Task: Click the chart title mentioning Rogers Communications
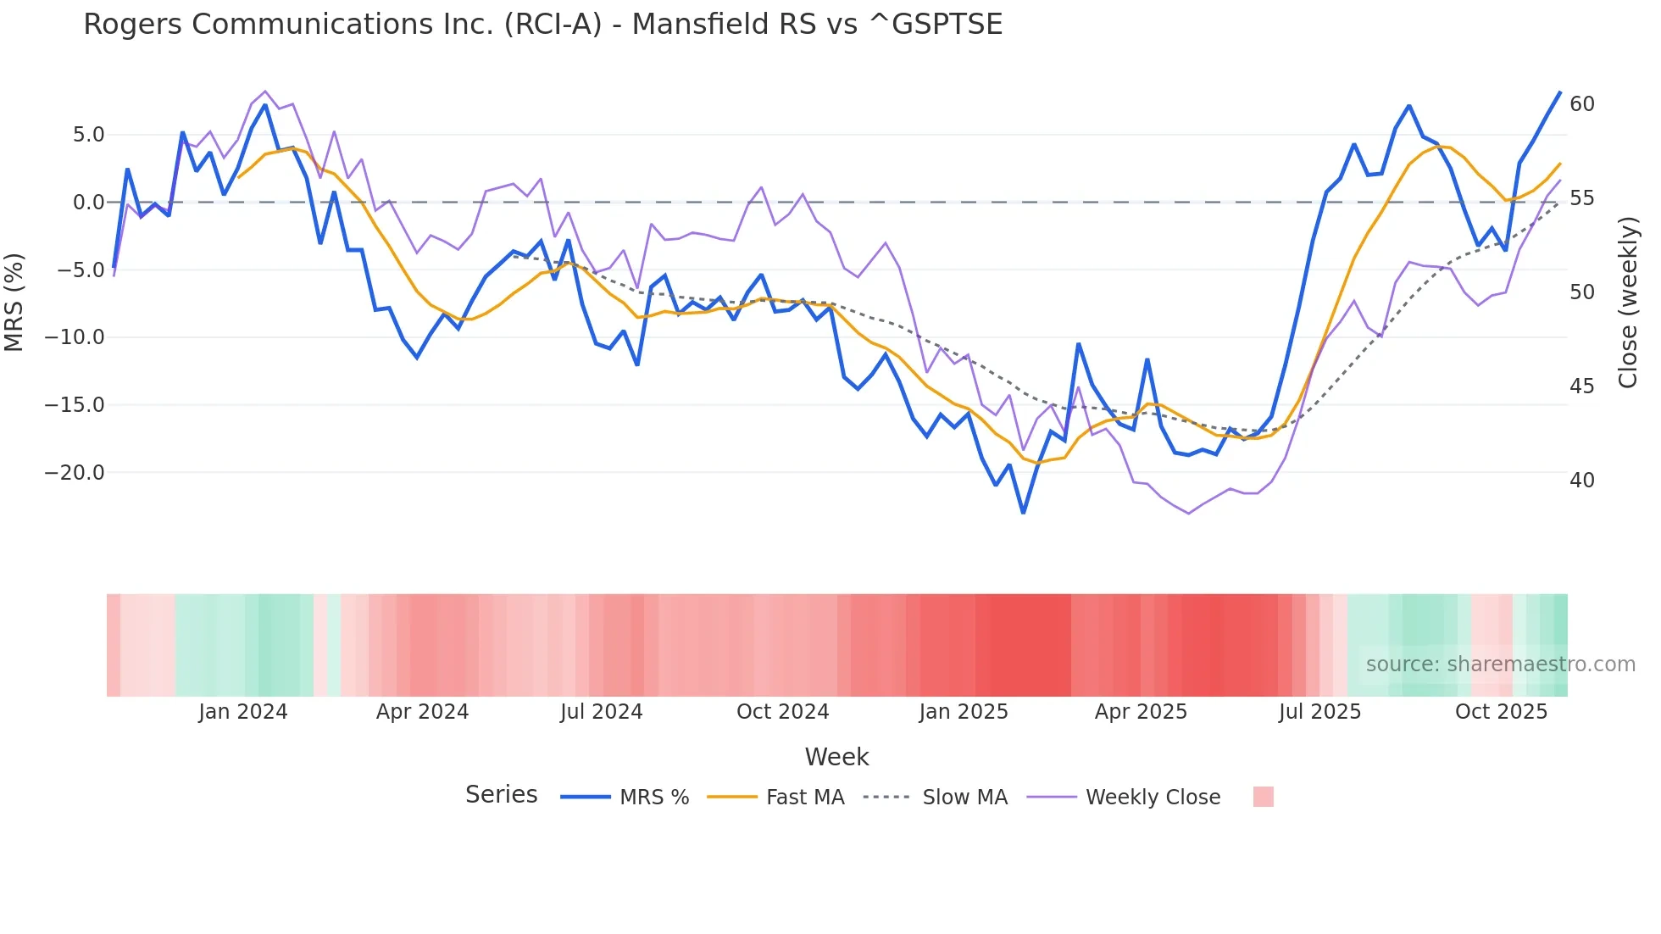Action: [542, 25]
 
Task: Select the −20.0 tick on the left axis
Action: [75, 473]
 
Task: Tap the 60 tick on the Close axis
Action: [1582, 104]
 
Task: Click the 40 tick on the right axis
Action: [1582, 481]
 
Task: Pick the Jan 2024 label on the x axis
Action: [243, 712]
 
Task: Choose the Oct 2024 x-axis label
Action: [782, 712]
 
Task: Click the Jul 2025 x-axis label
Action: [1319, 712]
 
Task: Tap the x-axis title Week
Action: [836, 757]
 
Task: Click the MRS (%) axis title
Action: [14, 302]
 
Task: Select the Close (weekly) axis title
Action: [1628, 303]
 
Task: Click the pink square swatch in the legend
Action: [1263, 797]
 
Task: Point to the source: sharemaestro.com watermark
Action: [1500, 664]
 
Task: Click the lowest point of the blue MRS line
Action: [1023, 513]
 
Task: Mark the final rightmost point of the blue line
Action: [1560, 92]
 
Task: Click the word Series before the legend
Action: [501, 795]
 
